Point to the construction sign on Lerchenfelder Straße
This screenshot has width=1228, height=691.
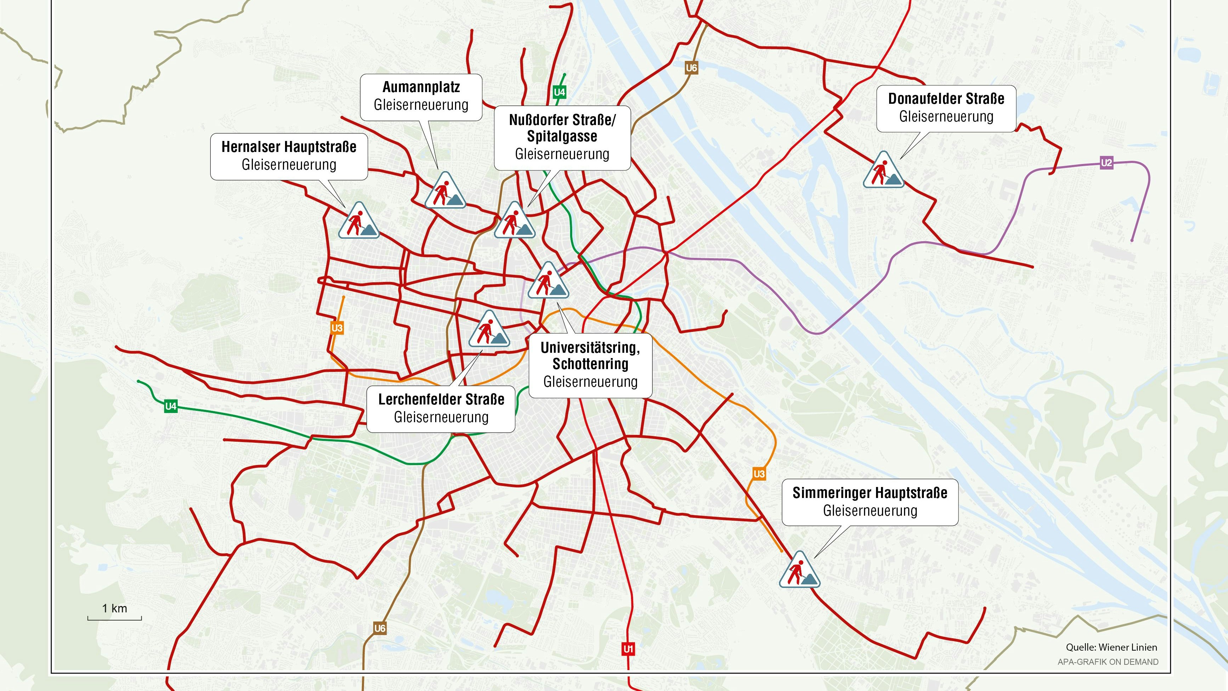tap(489, 330)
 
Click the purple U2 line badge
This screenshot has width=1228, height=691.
tap(1107, 163)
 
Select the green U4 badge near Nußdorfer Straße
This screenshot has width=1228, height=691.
tap(559, 92)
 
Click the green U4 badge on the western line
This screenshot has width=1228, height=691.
tap(171, 406)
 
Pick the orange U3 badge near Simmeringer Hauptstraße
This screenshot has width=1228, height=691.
tap(759, 474)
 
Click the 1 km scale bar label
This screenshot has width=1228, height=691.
tap(114, 608)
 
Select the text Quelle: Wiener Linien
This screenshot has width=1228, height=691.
tap(1111, 647)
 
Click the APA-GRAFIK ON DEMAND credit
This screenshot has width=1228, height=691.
tap(1108, 662)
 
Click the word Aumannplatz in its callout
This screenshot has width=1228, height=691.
tap(421, 87)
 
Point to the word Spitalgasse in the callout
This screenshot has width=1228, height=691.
tap(562, 136)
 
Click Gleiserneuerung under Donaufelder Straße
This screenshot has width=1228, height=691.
tap(946, 117)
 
